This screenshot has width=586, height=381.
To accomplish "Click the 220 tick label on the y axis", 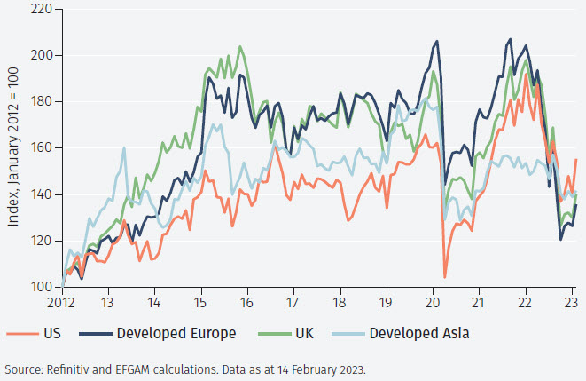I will (40, 9).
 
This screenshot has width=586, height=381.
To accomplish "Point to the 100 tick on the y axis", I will (40, 287).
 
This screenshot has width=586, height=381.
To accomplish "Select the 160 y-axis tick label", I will (40, 147).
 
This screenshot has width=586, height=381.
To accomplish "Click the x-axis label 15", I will (201, 302).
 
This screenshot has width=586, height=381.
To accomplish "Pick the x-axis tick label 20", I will (432, 302).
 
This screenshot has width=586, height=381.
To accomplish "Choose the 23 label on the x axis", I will (570, 302).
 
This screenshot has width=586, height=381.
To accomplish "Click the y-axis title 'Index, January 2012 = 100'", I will (14, 148).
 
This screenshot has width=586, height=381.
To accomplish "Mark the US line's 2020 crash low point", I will (444, 277).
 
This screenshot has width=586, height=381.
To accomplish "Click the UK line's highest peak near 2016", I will (241, 46).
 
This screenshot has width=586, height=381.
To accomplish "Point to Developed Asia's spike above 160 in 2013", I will (123, 147).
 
